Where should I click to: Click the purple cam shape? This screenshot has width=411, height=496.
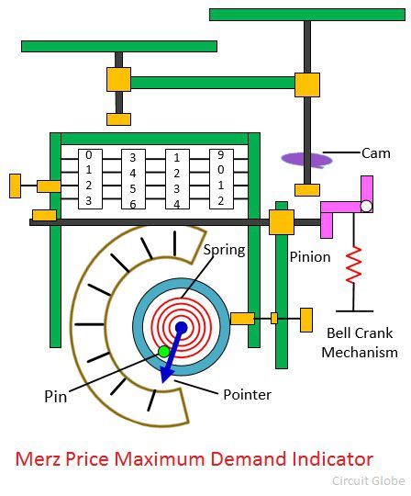coord(306,160)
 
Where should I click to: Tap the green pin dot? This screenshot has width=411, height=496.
coord(163,352)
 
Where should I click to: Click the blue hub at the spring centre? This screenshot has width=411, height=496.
coord(181,328)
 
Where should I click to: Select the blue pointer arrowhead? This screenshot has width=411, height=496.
coord(165,375)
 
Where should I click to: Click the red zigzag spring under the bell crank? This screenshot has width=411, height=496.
coord(353,265)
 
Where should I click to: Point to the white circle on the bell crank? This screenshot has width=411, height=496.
coord(366,207)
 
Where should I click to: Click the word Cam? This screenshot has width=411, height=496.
coord(375,153)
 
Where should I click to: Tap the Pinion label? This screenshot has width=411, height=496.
coord(310,256)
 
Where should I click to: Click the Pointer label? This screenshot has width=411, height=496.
coord(247,394)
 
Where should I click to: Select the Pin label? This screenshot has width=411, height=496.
coord(56,397)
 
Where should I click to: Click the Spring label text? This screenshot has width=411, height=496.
coord(224,250)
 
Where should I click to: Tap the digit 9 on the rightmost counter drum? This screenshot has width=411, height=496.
coord(220,154)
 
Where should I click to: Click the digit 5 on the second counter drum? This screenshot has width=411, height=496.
coord(133,189)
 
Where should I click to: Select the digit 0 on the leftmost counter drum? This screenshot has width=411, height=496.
coord(89,155)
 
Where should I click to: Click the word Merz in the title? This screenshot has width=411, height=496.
coord(38,458)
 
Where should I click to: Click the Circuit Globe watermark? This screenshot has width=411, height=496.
coord(369,480)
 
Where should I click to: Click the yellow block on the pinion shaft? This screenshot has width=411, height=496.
coord(282,221)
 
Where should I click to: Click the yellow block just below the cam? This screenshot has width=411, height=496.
coord(307,190)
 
